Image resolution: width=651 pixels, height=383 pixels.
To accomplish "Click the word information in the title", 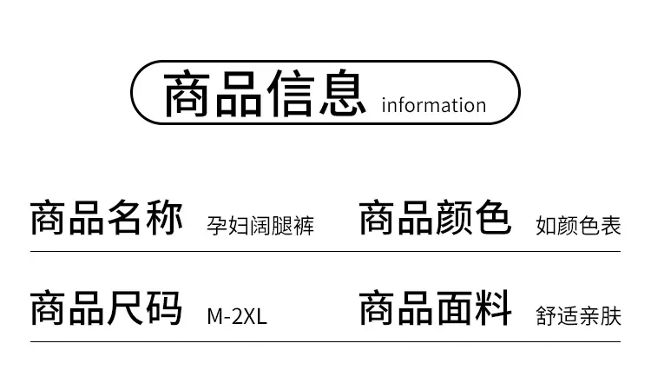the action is (434, 105).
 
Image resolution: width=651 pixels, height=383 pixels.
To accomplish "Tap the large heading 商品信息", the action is (265, 94).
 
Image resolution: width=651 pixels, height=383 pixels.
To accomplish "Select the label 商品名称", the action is (106, 218).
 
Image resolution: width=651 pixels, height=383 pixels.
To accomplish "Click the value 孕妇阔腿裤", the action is (260, 226).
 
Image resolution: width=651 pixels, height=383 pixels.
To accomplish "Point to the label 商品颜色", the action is (435, 218).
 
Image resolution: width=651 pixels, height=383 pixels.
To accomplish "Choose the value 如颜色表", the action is (578, 226).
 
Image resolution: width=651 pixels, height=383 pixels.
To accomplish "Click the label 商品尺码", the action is (106, 307).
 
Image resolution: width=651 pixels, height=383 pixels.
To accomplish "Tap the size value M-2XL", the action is (237, 316).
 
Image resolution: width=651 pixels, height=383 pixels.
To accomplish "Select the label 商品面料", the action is (435, 307).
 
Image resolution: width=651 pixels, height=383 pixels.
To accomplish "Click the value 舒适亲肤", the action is (578, 316).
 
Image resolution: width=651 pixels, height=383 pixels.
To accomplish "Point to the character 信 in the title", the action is (291, 94).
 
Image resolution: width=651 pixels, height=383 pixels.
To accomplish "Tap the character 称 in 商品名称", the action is (164, 218).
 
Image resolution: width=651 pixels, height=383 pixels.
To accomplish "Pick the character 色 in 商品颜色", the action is (493, 218).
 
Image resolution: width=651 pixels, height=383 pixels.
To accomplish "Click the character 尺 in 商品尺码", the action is (126, 307).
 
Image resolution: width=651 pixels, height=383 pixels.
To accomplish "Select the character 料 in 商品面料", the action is (493, 307).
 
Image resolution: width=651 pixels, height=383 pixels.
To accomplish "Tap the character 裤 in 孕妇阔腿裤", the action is (304, 226).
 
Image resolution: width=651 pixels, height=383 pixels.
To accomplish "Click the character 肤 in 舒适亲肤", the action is (611, 316).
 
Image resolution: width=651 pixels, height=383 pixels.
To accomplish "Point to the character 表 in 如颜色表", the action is (611, 226).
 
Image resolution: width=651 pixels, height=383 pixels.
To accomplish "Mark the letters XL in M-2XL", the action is (255, 316).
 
